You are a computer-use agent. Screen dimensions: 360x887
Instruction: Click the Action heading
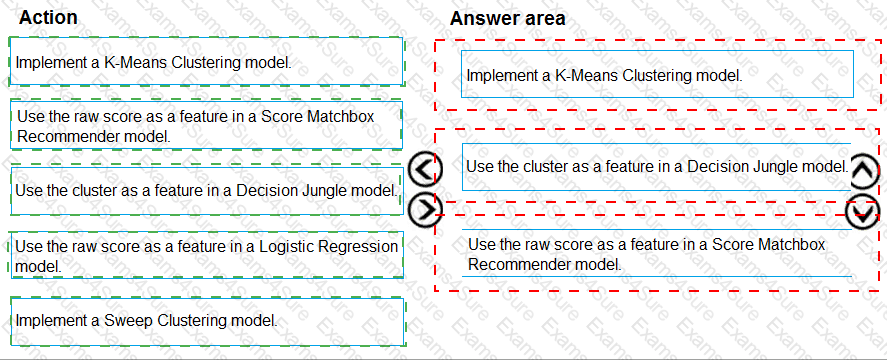click(x=48, y=18)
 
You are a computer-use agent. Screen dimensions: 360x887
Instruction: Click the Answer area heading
click(x=507, y=18)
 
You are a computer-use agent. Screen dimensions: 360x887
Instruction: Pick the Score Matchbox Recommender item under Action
click(x=205, y=125)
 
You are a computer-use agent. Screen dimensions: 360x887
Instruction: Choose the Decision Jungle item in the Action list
click(x=205, y=190)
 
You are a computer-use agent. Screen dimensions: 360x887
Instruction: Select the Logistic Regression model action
click(x=205, y=256)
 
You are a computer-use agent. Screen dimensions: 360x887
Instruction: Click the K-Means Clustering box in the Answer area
click(x=657, y=75)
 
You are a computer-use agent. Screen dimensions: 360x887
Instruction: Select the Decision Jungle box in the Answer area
click(x=657, y=166)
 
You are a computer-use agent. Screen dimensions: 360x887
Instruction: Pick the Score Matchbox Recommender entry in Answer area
click(x=657, y=254)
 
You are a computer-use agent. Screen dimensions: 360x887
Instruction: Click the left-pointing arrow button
click(x=427, y=171)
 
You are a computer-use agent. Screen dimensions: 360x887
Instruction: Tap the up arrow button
click(x=864, y=172)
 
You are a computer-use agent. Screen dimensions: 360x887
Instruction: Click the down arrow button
click(x=863, y=211)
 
